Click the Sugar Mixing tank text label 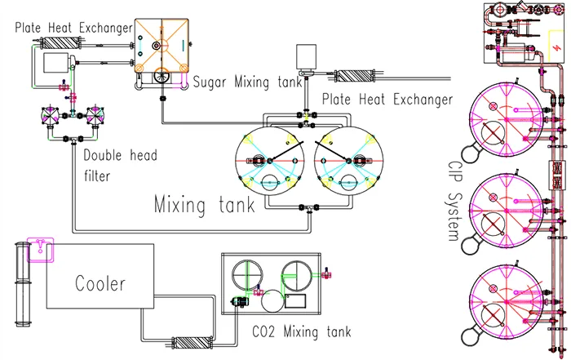[247, 82]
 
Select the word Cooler [100, 284]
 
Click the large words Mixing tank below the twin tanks [204, 204]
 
